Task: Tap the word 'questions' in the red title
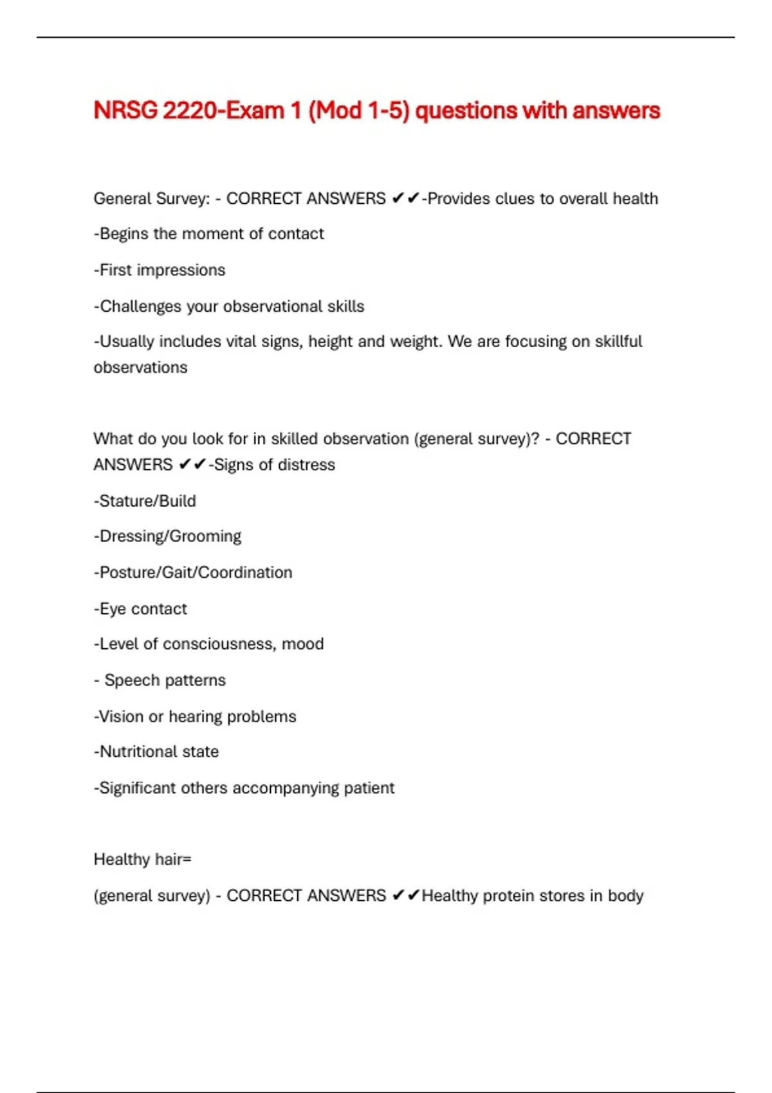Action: click(x=466, y=111)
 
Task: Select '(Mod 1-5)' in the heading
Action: click(x=359, y=111)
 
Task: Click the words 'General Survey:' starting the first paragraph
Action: click(x=152, y=199)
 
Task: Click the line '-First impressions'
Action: click(x=160, y=270)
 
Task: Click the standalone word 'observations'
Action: click(x=141, y=368)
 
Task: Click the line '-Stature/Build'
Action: click(x=145, y=501)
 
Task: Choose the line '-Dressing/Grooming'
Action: click(x=167, y=536)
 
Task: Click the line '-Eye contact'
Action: click(x=140, y=609)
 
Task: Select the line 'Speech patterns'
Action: click(x=165, y=680)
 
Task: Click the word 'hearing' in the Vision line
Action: click(x=195, y=717)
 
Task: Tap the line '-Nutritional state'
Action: click(x=156, y=752)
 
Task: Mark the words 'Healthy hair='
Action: click(x=142, y=860)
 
